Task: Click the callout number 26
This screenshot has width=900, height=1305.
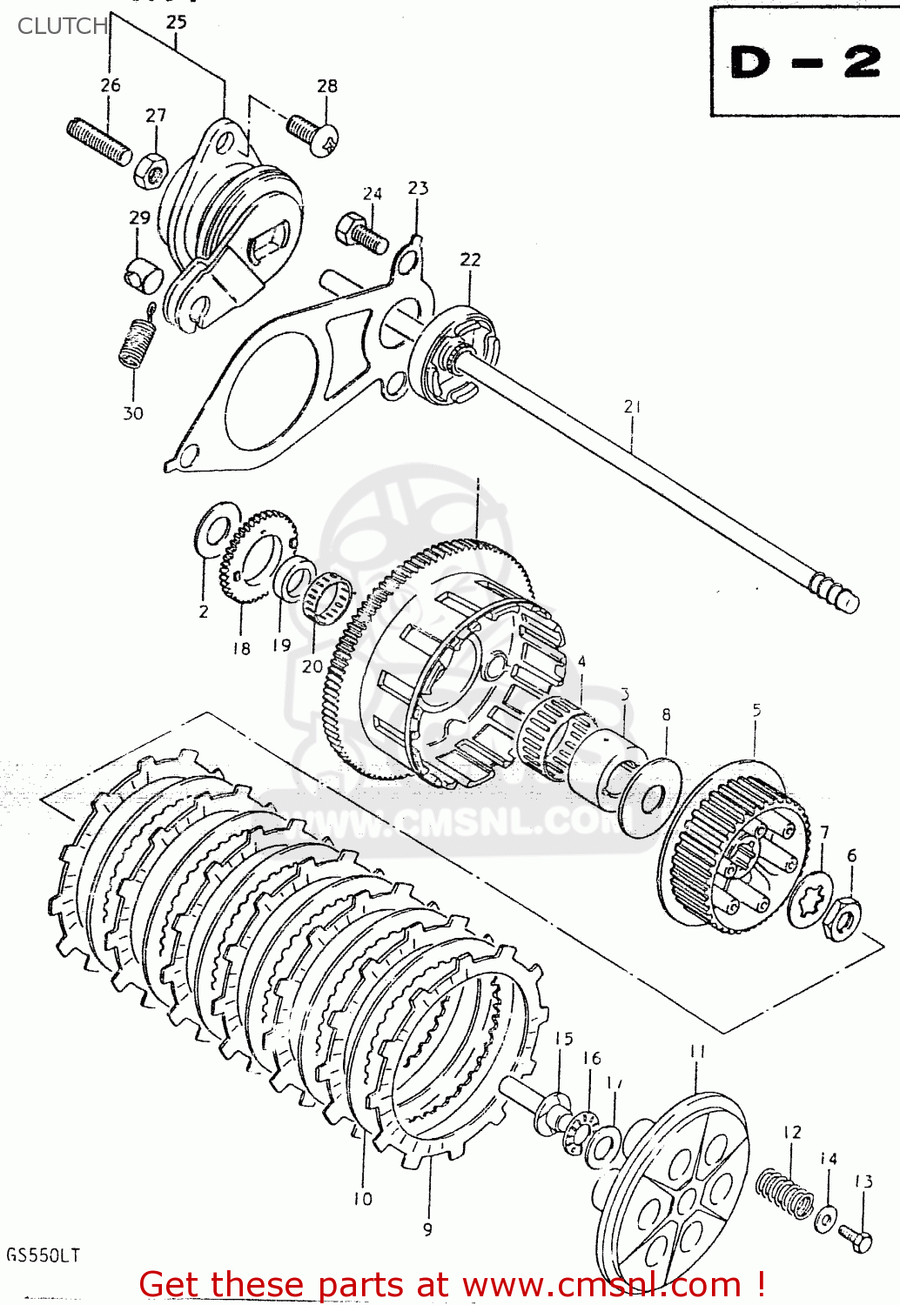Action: (x=110, y=85)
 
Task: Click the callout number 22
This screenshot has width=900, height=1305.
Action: (x=470, y=259)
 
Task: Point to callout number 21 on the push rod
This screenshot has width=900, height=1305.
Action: (x=633, y=406)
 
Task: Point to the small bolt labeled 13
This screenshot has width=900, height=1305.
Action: (x=855, y=1238)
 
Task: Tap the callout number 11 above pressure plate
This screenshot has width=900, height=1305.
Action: (x=697, y=1052)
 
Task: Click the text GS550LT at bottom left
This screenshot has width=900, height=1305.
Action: (x=43, y=1255)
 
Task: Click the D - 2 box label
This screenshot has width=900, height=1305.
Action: (x=804, y=62)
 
